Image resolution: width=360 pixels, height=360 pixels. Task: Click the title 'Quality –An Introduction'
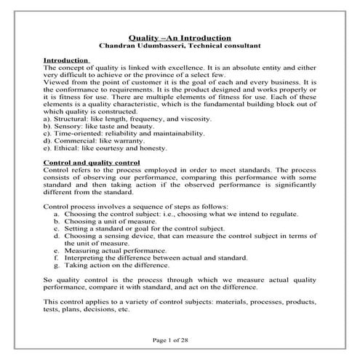(180, 36)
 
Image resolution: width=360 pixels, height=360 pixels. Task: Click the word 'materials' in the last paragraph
(222, 301)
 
